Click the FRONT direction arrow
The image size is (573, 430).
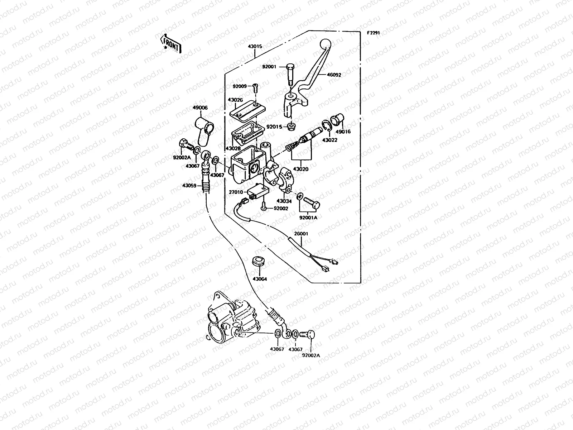click(171, 44)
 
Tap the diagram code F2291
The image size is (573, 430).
click(373, 33)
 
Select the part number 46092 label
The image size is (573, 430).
click(334, 75)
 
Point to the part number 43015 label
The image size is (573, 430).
click(255, 46)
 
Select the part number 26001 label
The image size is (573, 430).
click(301, 234)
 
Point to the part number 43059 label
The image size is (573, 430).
click(189, 185)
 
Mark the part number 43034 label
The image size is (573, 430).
click(284, 201)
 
